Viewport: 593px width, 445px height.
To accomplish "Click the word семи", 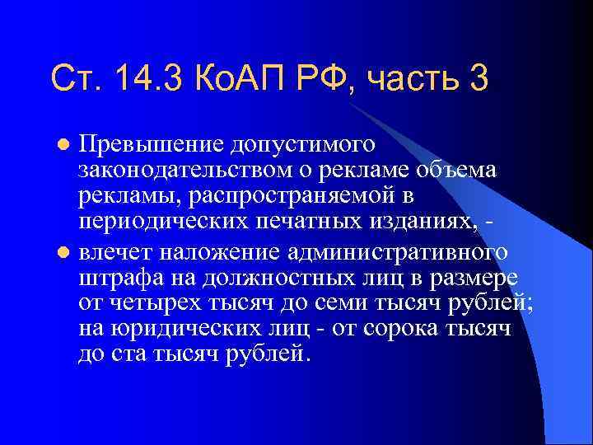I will tap(341, 303).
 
